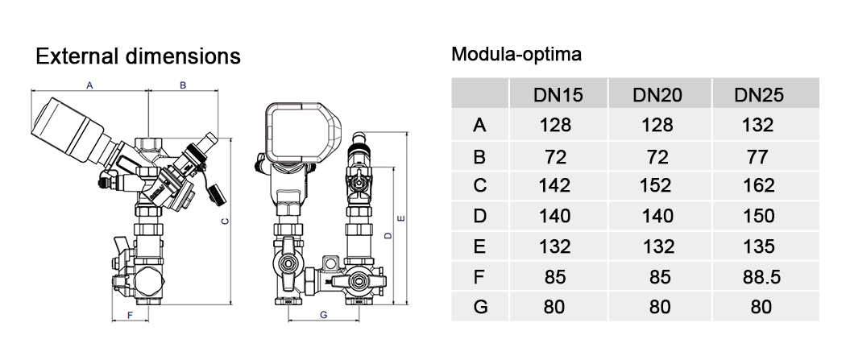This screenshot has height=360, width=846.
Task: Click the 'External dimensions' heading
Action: (x=138, y=56)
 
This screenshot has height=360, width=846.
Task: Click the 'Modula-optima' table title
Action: (x=516, y=54)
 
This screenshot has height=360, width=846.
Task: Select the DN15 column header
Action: (x=558, y=95)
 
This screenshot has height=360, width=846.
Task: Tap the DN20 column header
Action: (x=657, y=95)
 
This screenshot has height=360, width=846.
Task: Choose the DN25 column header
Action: (x=759, y=95)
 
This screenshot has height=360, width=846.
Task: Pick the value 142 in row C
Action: (x=554, y=185)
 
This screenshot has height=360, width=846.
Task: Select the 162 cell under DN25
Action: (x=759, y=185)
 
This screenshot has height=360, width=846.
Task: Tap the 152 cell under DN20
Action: (x=657, y=185)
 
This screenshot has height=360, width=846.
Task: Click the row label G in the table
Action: (x=480, y=307)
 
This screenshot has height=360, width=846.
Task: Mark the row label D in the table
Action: (x=479, y=216)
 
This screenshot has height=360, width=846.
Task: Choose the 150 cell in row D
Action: (x=759, y=216)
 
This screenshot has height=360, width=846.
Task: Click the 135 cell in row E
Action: (x=759, y=246)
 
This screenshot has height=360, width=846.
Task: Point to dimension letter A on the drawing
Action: (x=90, y=85)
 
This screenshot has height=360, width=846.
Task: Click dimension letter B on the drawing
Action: (x=183, y=85)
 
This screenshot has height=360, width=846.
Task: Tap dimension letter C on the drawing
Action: (x=226, y=221)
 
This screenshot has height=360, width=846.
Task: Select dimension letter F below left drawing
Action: (x=130, y=315)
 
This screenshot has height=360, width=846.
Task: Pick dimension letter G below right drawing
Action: (x=324, y=315)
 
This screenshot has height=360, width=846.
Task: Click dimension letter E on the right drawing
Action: (x=401, y=218)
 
